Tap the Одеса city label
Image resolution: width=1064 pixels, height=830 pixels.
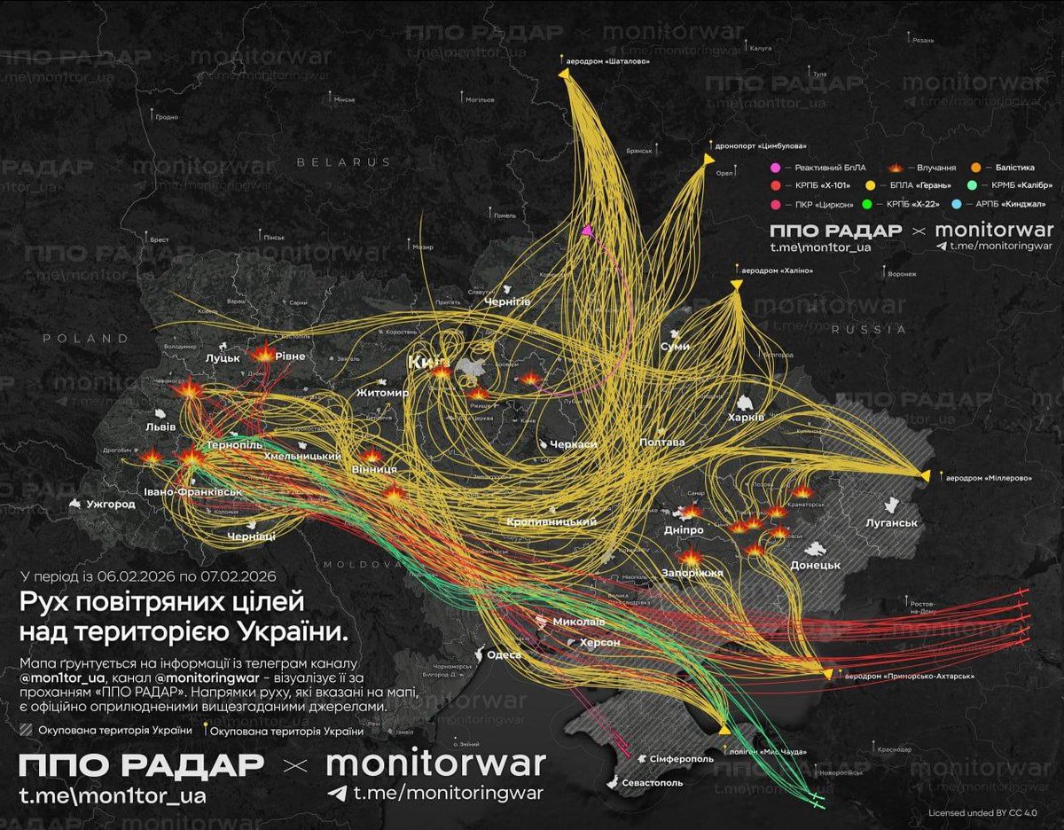[502, 654]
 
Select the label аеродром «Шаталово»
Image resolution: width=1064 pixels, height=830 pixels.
[612, 61]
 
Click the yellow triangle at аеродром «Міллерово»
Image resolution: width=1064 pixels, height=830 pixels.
[924, 476]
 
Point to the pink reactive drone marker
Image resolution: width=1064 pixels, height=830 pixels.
[586, 231]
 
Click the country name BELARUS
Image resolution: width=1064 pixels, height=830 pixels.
[343, 162]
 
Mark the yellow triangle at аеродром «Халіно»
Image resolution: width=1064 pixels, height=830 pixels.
[736, 284]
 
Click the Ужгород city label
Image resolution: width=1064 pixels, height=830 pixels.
[110, 505]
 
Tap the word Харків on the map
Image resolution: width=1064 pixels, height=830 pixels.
[744, 418]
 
